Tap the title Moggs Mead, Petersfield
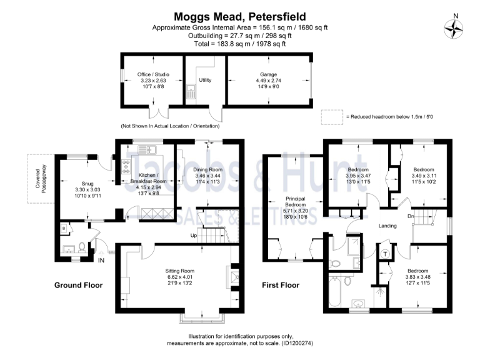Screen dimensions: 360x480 point(240,17)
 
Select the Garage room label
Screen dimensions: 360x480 point(269,74)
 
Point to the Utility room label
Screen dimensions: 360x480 point(205,80)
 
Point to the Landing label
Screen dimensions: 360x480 point(387,225)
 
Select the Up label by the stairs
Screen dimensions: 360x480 point(194,236)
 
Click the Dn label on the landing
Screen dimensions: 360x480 point(410,216)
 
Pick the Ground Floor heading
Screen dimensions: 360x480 point(78,285)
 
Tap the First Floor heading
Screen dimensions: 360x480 point(281,285)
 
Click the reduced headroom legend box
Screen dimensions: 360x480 point(330,117)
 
